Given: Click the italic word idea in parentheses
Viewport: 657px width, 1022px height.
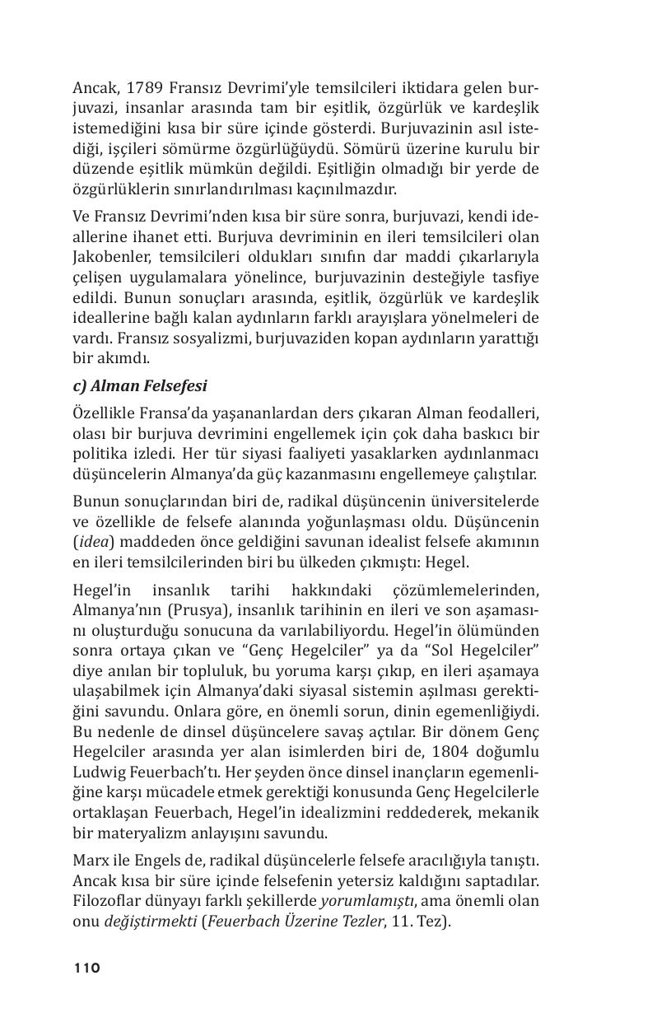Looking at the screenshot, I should coord(92,542).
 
